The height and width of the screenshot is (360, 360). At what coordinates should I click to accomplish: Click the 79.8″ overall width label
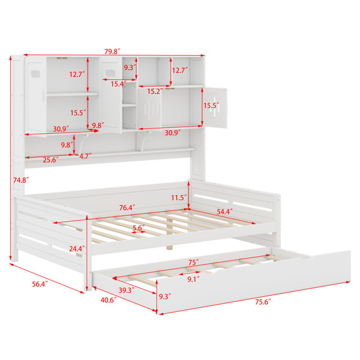112,52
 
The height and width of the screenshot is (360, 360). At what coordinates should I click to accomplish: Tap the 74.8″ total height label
21,180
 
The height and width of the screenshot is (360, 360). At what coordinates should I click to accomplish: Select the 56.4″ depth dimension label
40,284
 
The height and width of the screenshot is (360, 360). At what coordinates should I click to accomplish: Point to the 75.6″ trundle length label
263,302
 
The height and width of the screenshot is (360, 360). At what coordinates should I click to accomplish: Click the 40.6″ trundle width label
109,300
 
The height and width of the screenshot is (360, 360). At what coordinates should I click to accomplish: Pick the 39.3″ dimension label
127,290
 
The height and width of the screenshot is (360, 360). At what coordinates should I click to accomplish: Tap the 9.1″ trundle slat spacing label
193,279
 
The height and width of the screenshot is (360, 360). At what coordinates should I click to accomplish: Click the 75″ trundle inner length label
194,262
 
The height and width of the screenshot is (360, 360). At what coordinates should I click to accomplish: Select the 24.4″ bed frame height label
77,248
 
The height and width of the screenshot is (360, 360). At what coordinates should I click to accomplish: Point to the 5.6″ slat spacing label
139,228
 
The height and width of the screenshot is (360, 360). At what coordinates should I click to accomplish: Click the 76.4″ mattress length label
127,208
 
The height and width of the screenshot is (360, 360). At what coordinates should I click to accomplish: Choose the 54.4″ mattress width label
224,211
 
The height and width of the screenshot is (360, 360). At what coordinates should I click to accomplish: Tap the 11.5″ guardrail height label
179,197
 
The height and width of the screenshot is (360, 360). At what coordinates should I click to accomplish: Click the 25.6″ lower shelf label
51,160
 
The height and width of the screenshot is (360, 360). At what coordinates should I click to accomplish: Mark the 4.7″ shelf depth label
85,156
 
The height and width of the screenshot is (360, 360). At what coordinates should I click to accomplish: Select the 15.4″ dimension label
119,84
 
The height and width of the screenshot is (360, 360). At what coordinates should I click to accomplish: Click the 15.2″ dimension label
155,91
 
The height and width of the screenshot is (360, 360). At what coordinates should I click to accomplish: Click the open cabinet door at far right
215,108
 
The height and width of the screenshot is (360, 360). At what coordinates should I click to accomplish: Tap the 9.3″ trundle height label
165,296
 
